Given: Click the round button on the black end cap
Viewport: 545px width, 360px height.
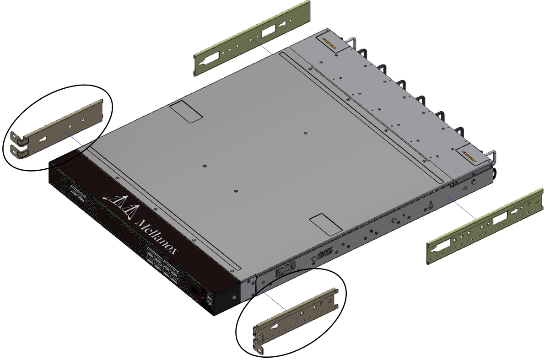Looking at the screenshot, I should (234, 297).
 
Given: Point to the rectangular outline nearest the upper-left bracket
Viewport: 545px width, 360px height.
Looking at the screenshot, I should (185, 112).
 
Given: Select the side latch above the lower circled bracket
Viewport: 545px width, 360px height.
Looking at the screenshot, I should (284, 271).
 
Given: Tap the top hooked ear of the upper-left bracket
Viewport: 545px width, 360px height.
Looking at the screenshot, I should (16, 136).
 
